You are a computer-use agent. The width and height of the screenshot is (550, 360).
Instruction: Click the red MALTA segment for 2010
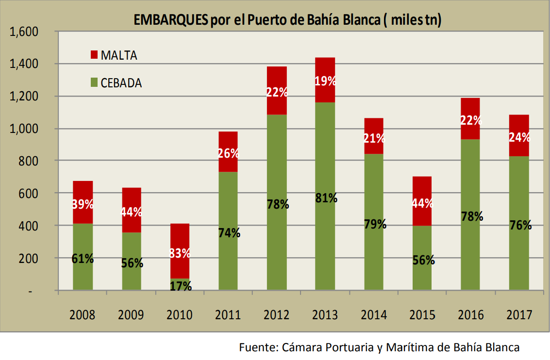[x=180, y=238]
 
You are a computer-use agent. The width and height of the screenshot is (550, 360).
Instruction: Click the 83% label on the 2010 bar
[x=180, y=253]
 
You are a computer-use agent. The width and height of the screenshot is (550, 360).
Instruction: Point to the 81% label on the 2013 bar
[x=325, y=198]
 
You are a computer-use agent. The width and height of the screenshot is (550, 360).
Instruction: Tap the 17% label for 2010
[x=180, y=286]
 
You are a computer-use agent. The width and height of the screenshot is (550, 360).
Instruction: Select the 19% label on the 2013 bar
[x=325, y=81]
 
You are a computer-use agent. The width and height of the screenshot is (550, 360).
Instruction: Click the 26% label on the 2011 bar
[x=228, y=153]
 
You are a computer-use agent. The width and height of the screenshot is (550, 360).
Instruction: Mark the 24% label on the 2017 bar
[x=519, y=137]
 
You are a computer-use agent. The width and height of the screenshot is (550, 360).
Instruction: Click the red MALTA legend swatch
[x=94, y=55]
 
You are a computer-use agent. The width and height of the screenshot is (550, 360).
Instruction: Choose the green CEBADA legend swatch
[x=94, y=82]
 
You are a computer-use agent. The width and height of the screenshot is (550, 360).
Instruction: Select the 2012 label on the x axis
[x=277, y=315]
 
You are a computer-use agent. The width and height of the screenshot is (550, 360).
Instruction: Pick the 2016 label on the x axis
[x=470, y=315]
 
